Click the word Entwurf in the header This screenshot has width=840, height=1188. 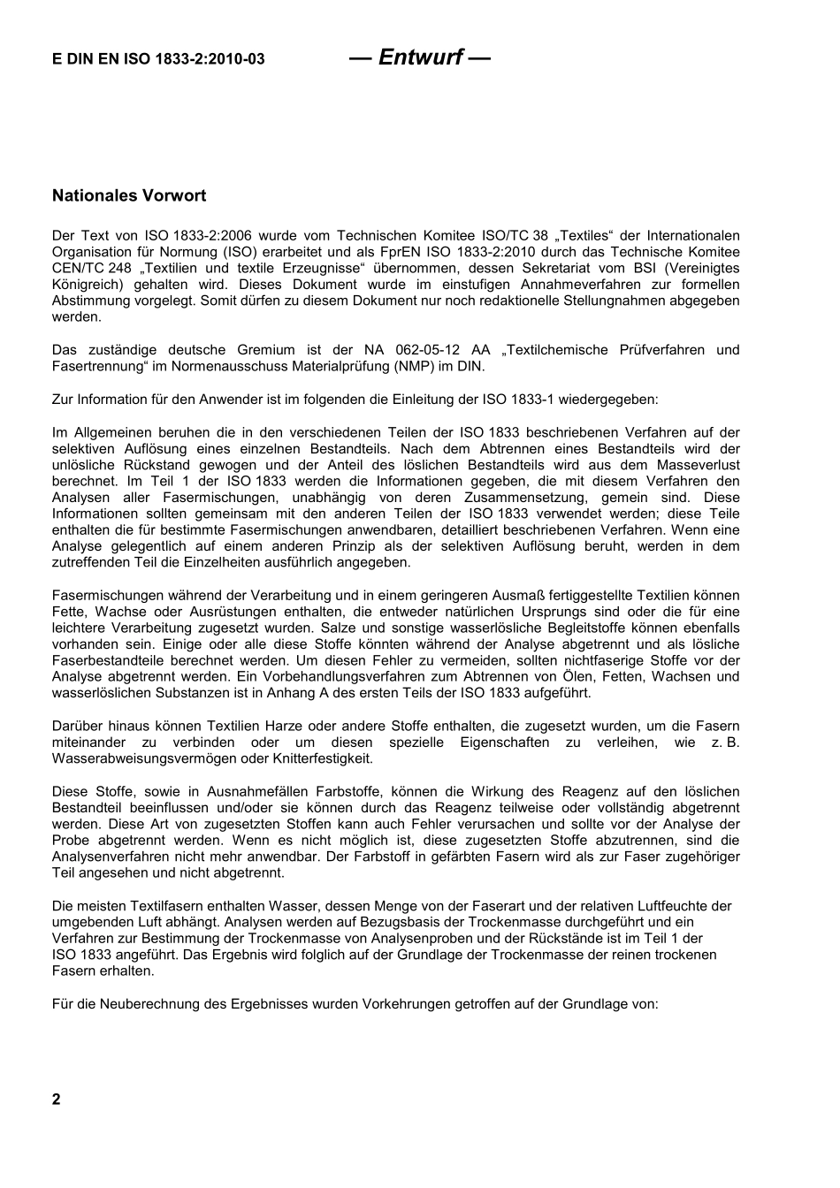click(420, 57)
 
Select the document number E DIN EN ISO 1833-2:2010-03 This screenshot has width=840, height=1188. click(158, 60)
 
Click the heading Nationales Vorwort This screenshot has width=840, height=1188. click(129, 195)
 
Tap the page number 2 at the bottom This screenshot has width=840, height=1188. click(57, 1100)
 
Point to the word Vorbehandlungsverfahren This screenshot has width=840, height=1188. click(335, 677)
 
